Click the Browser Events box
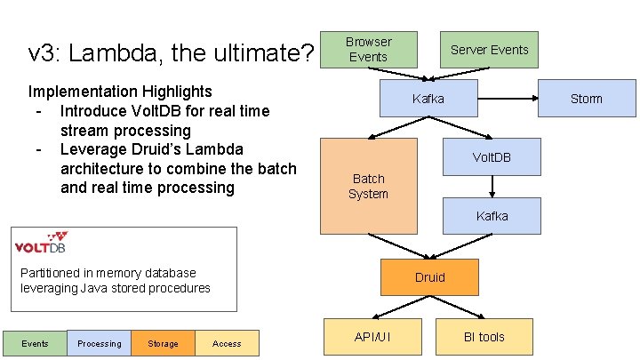(x=368, y=50)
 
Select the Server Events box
(x=489, y=50)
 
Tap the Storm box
(x=586, y=99)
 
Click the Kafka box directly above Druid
(x=492, y=216)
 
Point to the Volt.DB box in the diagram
(x=492, y=157)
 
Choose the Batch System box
(x=368, y=186)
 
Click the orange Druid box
(x=429, y=277)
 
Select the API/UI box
(x=372, y=337)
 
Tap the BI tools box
(x=484, y=337)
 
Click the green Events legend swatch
(x=35, y=343)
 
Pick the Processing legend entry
(x=99, y=343)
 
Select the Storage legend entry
(x=163, y=343)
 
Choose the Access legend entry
(x=227, y=343)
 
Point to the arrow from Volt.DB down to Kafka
(x=492, y=186)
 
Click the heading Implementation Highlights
(x=120, y=92)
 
